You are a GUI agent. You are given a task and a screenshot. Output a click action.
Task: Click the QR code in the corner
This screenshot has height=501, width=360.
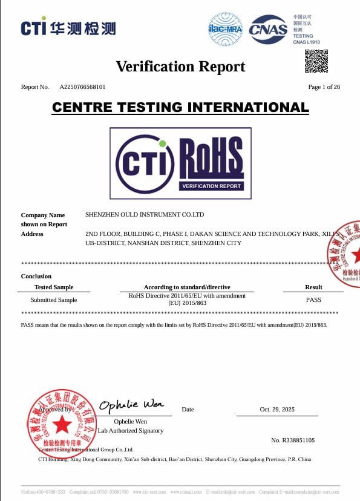316,61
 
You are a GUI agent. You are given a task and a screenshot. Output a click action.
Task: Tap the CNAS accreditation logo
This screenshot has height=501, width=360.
268,29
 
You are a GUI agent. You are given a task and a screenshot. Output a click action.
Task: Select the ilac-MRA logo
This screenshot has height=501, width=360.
225,28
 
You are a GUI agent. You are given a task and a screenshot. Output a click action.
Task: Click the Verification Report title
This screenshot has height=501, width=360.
180,67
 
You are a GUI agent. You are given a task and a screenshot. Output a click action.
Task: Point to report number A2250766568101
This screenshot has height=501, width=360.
82,87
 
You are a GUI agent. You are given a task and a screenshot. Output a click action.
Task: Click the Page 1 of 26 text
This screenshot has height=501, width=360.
324,87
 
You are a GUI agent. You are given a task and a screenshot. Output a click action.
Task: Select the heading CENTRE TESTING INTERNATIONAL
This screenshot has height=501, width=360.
180,108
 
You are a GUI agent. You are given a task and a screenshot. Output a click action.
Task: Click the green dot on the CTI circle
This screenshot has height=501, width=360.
162,143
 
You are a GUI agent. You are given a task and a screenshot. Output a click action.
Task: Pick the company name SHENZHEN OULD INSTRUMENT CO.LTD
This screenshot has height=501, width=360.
145,215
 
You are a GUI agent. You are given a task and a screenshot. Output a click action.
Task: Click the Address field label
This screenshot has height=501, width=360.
32,234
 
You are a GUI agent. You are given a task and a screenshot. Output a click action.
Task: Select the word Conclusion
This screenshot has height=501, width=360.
36,277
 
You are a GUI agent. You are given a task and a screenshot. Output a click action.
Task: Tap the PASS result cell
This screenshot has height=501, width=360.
313,300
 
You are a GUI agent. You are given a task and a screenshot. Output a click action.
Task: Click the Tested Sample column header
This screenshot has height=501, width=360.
54,287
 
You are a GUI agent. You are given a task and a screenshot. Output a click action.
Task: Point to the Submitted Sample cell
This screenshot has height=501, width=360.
54,300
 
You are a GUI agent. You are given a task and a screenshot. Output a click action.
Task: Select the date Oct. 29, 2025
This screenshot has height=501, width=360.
277,410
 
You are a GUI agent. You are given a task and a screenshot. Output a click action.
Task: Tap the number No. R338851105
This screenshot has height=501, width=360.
293,440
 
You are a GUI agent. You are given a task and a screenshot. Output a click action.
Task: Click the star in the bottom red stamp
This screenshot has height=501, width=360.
62,425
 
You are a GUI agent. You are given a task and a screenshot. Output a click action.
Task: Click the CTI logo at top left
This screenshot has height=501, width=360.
68,28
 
